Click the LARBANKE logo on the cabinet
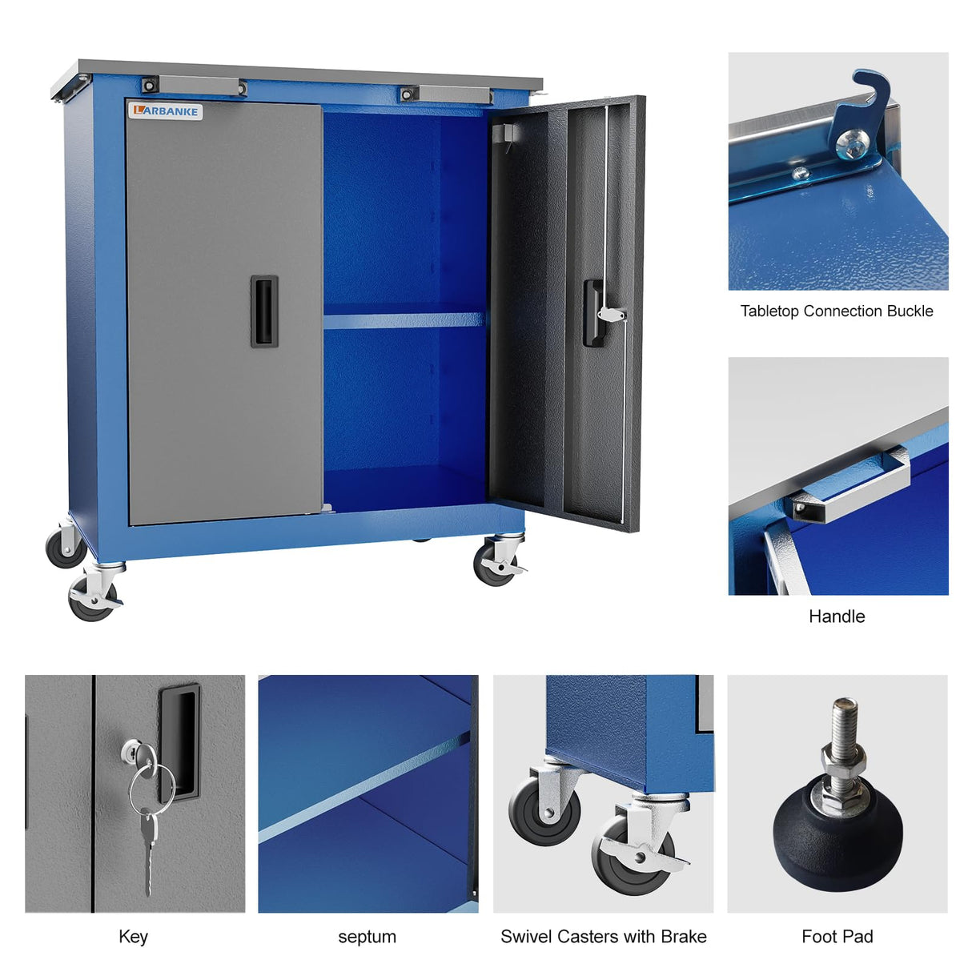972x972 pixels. point(166,111)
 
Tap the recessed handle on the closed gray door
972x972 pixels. point(264,311)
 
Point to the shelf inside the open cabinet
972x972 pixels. point(404,320)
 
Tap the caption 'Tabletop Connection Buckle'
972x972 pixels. point(837,311)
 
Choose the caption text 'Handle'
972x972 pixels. point(837,617)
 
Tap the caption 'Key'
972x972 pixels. point(133,937)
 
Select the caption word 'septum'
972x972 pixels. point(367,937)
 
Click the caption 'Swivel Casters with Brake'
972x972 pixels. point(603,937)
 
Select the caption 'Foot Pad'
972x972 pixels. point(837,937)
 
